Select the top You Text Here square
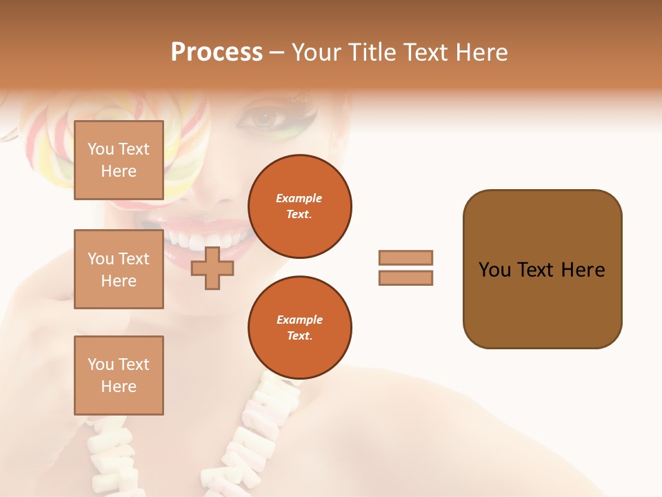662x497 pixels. tap(119, 160)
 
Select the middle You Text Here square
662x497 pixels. tap(119, 269)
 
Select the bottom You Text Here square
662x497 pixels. tap(119, 376)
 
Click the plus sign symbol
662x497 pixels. tap(212, 269)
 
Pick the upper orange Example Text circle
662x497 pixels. tap(299, 206)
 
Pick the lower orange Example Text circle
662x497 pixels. tap(299, 327)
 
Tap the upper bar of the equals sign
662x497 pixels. tap(405, 257)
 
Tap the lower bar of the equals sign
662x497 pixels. tap(405, 277)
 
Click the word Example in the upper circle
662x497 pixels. tap(299, 198)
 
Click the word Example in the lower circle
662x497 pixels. tap(299, 320)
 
